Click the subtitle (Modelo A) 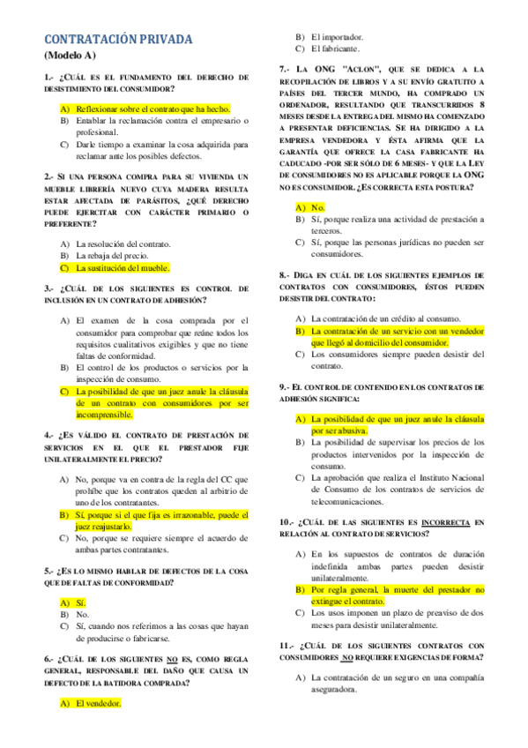(71, 55)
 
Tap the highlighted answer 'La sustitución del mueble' (123, 267)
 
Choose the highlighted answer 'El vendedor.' (98, 703)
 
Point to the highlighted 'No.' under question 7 (319, 207)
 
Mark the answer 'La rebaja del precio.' (118, 255)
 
